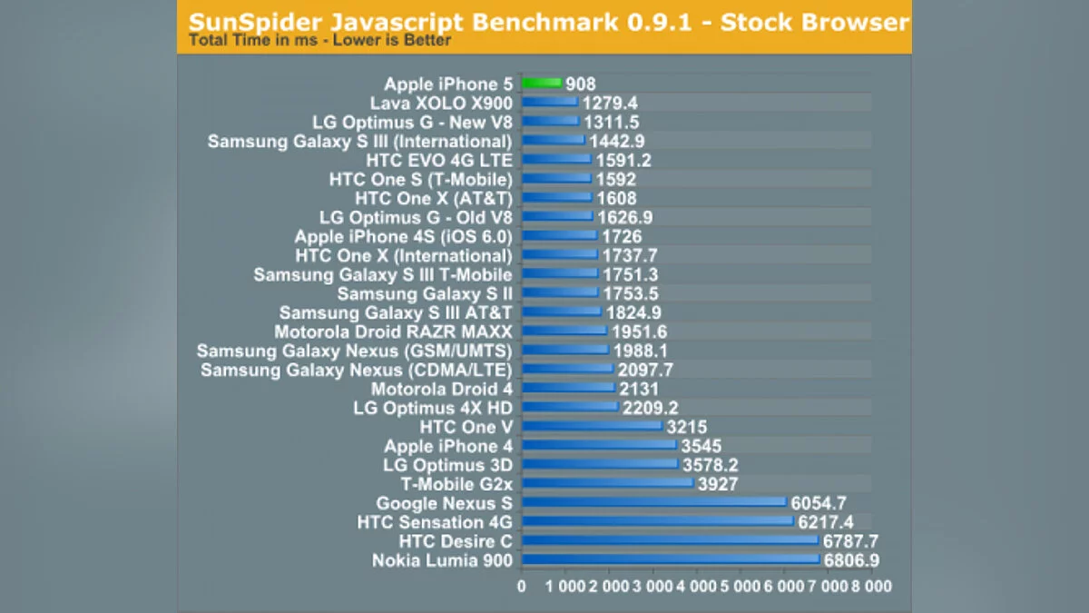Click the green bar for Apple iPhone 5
click(542, 84)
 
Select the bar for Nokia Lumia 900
click(671, 560)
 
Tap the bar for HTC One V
click(592, 427)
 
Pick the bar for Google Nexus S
click(653, 503)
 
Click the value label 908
click(581, 84)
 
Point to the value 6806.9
click(853, 560)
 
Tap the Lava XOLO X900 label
click(441, 104)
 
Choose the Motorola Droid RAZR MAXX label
click(393, 331)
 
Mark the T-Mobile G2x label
click(456, 484)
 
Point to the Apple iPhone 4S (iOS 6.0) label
click(403, 236)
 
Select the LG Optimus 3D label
click(448, 465)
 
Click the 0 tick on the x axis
click(522, 587)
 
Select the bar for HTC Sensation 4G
click(657, 522)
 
